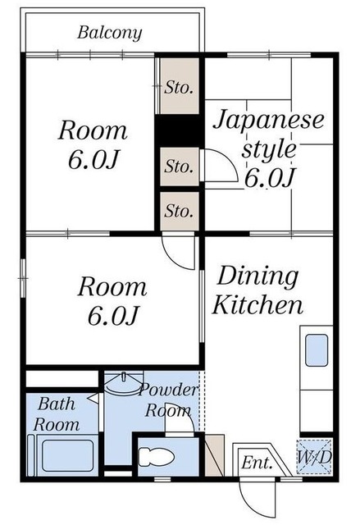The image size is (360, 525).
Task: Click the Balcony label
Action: [x=110, y=33]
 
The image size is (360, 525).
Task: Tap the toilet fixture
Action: [x=157, y=457]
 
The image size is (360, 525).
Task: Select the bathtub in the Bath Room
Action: [x=67, y=456]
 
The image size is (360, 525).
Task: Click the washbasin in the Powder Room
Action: [x=123, y=383]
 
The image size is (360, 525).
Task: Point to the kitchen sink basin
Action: [x=317, y=350]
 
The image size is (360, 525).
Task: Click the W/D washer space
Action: [x=314, y=457]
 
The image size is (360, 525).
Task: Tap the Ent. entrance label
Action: [x=257, y=463]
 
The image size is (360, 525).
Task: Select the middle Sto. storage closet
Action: [x=180, y=167]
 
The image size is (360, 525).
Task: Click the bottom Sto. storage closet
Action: [x=180, y=212]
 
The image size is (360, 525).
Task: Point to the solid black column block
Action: [x=179, y=130]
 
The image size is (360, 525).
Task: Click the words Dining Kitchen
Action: [x=257, y=290]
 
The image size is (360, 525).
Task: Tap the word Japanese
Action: [x=269, y=121]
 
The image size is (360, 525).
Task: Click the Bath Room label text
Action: [x=57, y=414]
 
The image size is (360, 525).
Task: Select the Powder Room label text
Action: [x=168, y=400]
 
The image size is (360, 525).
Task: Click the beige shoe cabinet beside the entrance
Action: [x=214, y=454]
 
